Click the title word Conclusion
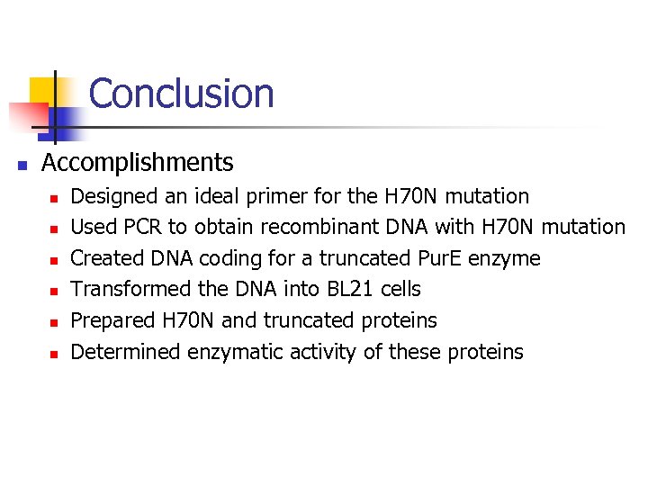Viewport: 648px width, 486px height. [x=181, y=94]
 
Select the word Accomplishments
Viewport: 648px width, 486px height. [x=138, y=163]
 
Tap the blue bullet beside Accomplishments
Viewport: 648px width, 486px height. [x=22, y=165]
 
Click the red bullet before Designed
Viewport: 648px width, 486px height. [x=54, y=197]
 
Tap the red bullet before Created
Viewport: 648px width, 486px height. [x=54, y=260]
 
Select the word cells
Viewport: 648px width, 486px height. [x=400, y=289]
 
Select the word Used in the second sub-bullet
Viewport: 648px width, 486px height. [x=89, y=227]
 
